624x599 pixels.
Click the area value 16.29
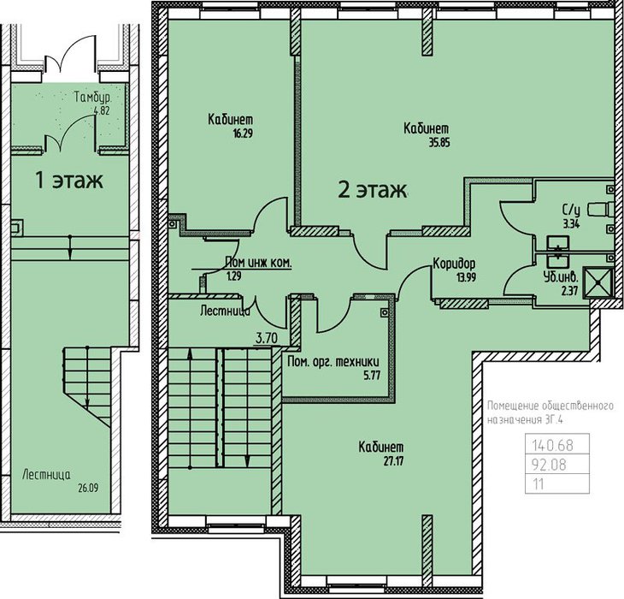tap(243, 133)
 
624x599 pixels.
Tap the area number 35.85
tap(439, 143)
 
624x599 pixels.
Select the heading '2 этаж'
tap(372, 190)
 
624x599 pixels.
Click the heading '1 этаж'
tap(69, 180)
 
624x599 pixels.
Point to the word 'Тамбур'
tap(92, 98)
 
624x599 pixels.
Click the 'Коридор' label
tap(454, 264)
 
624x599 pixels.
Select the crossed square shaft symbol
tap(598, 282)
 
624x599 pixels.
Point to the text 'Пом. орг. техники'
tap(333, 363)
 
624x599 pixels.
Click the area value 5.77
tap(368, 375)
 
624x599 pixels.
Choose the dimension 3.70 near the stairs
tap(267, 340)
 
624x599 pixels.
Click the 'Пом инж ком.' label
tap(259, 263)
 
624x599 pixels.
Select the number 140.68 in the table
tap(553, 445)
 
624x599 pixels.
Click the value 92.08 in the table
tap(549, 464)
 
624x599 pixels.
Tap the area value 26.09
tap(88, 487)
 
